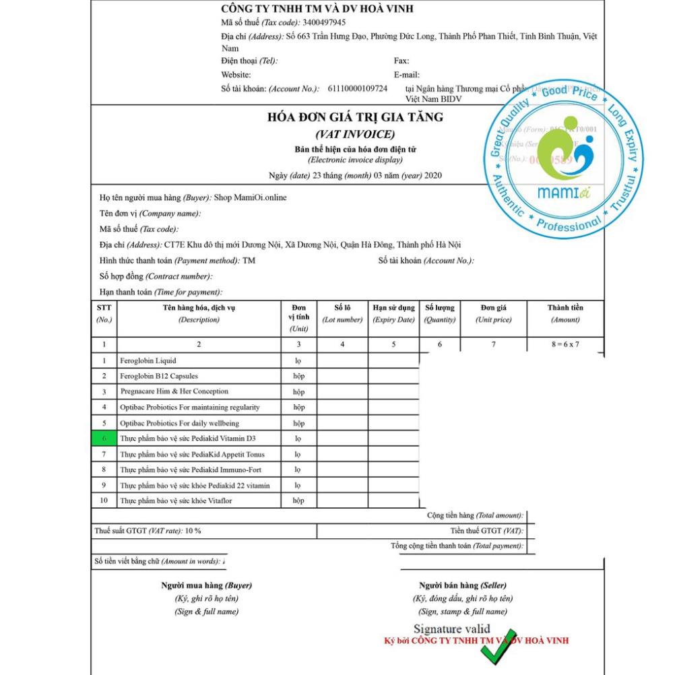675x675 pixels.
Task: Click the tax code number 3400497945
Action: point(325,22)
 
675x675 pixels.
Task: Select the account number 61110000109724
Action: point(357,88)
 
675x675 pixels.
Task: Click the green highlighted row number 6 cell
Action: point(104,438)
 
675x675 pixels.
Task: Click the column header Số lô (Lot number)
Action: point(342,313)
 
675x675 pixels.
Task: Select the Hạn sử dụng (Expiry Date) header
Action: point(393,313)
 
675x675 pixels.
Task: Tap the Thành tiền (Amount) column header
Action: point(565,313)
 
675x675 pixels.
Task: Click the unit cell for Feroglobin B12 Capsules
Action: point(298,376)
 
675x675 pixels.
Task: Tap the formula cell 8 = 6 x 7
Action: point(565,345)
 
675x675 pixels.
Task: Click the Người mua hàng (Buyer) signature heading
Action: point(206,585)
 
